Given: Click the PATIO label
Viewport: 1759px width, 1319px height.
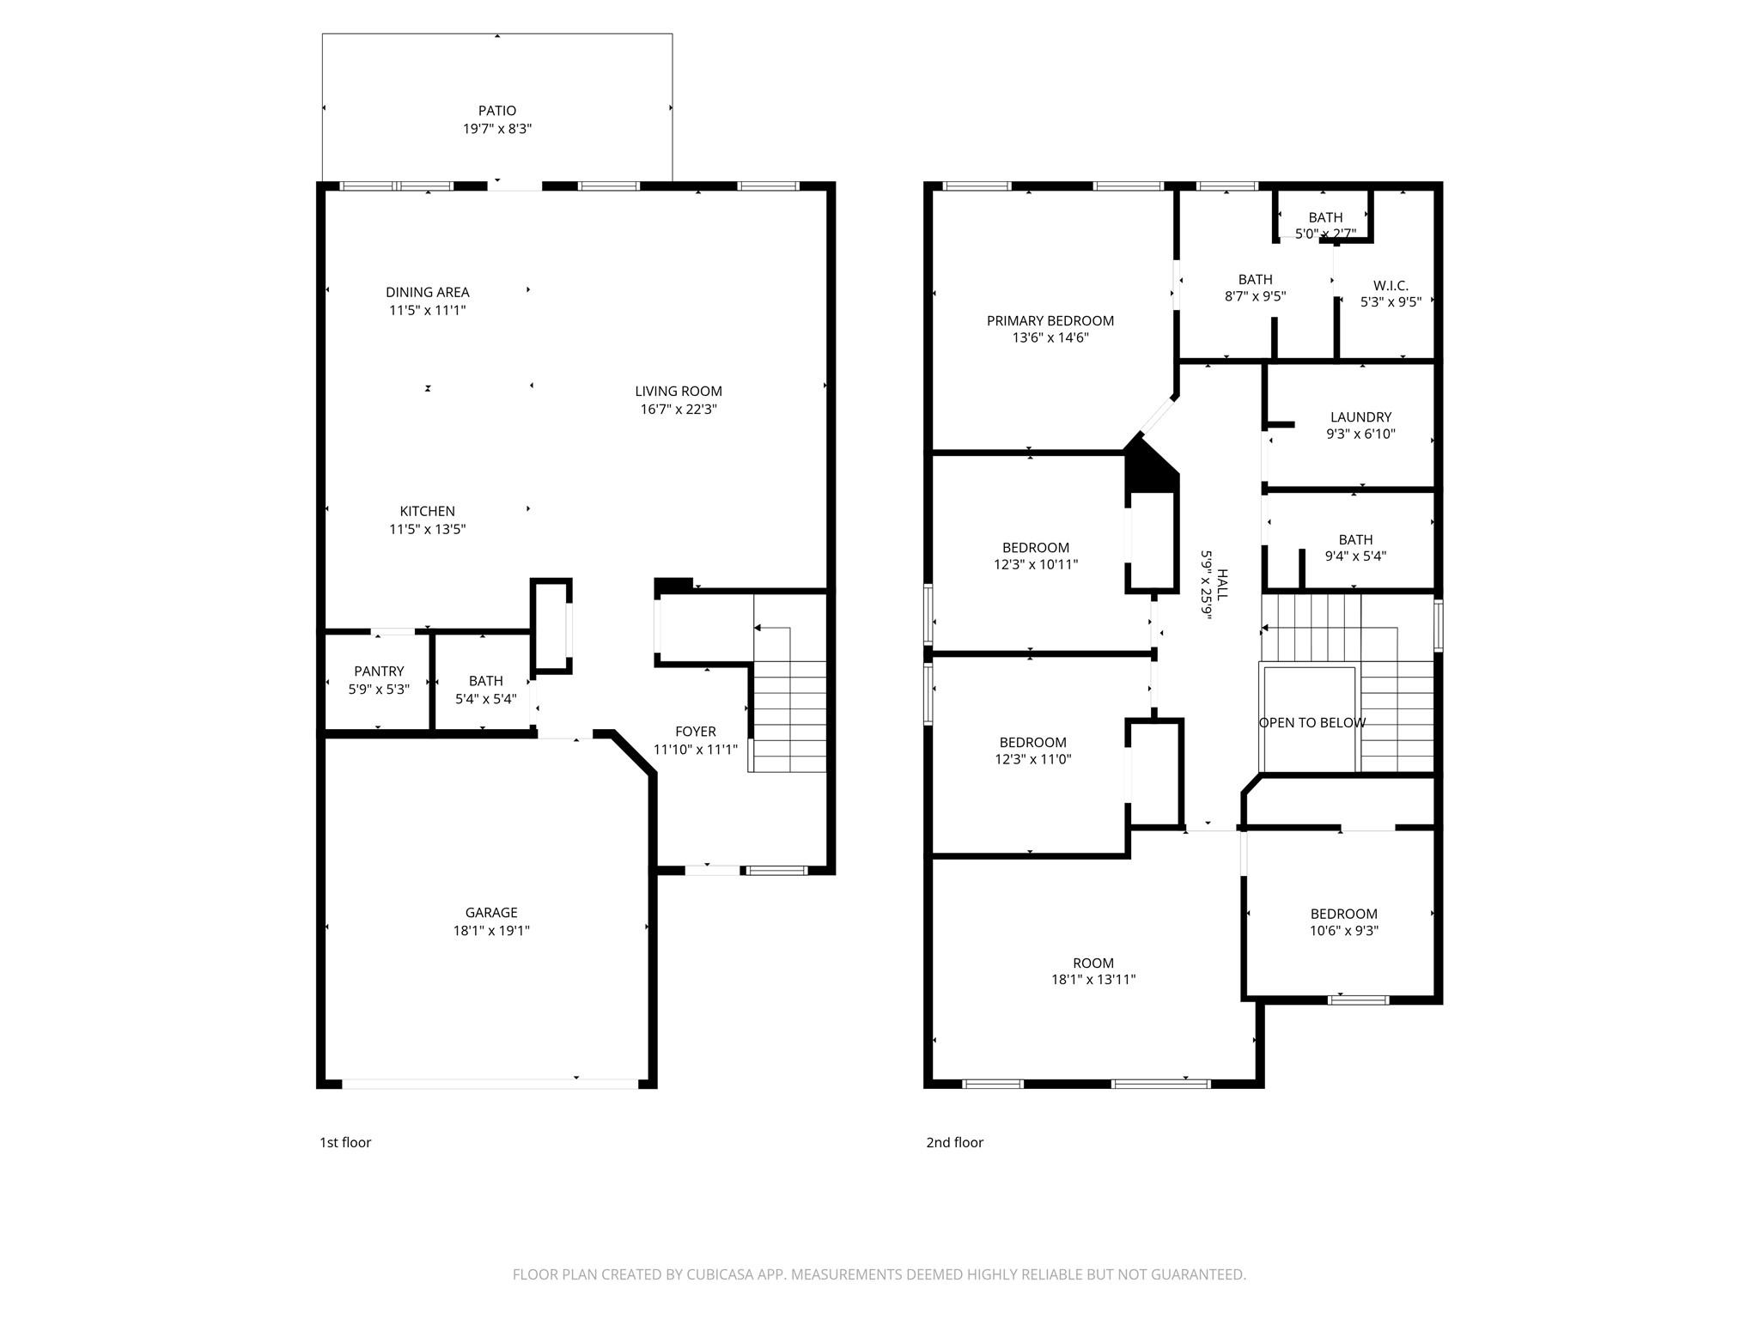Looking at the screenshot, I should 497,111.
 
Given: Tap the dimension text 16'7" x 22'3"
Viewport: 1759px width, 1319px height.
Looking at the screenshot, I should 679,410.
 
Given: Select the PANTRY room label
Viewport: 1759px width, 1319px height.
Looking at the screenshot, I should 379,672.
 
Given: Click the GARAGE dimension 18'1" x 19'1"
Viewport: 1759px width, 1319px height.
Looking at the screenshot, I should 491,931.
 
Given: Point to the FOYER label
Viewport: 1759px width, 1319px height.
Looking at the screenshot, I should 695,732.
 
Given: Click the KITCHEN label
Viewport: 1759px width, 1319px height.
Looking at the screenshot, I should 427,512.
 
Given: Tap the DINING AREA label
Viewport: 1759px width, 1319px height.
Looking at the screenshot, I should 427,293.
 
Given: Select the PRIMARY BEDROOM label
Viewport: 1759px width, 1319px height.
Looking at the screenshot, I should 1050,321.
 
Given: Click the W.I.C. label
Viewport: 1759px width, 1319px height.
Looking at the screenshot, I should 1391,286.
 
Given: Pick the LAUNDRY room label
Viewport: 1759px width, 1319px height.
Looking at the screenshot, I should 1360,417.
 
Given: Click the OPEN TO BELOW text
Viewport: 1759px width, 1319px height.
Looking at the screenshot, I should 1312,723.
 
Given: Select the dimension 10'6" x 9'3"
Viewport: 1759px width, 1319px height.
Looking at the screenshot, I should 1344,931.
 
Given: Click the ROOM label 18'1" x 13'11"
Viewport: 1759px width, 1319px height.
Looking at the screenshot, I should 1093,963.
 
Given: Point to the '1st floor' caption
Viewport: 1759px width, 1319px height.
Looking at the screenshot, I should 345,1142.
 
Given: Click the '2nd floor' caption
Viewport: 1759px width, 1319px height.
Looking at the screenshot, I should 954,1142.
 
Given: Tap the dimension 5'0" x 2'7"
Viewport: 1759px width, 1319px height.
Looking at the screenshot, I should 1325,234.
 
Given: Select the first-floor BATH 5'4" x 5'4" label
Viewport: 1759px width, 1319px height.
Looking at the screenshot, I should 485,681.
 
